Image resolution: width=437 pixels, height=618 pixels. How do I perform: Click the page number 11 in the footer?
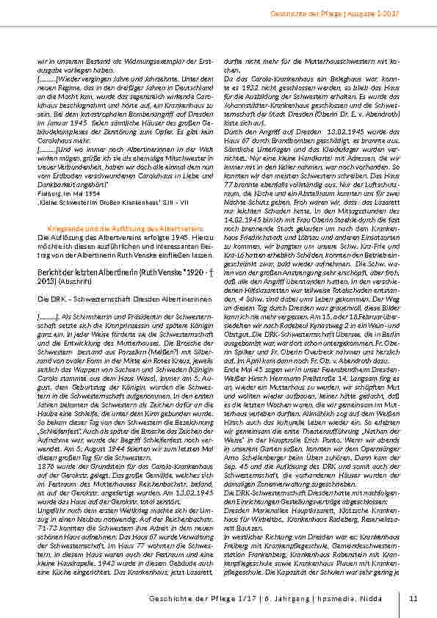click(x=413, y=597)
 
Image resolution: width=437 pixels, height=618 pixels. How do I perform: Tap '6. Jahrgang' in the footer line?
click(x=303, y=597)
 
